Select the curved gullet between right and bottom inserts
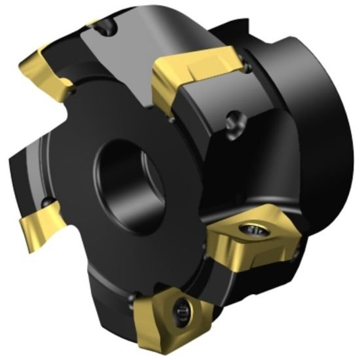click(209, 275)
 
